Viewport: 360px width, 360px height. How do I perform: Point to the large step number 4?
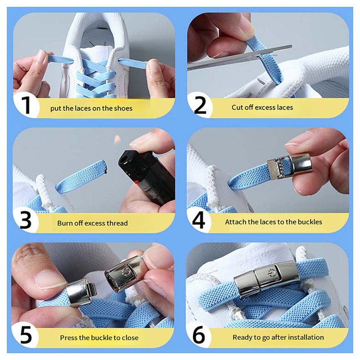(199, 220)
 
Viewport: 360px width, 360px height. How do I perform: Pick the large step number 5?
(26, 336)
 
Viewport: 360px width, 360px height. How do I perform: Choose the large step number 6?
(199, 336)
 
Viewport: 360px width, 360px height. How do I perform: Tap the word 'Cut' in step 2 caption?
(238, 108)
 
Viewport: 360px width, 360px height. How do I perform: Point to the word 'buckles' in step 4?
(310, 222)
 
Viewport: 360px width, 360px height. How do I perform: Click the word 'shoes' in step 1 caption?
(122, 108)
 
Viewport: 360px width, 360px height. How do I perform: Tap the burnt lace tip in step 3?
(104, 169)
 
